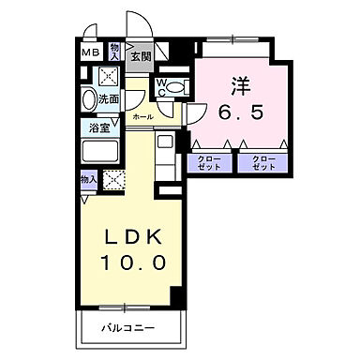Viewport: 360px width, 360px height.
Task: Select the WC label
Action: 161,86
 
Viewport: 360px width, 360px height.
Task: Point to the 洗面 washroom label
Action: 109,97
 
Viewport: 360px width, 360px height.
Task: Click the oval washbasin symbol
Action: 89,98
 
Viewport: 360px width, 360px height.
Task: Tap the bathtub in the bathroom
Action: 103,151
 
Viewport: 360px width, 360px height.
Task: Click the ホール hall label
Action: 142,116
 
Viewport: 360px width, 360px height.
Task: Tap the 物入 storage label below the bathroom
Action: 88,178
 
